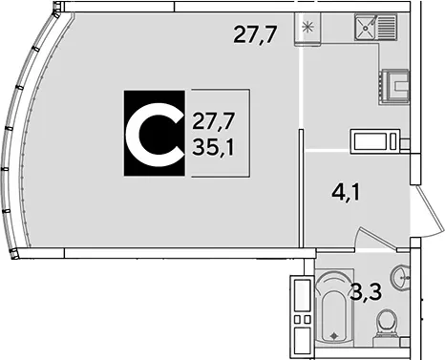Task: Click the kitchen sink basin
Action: tap(366, 27)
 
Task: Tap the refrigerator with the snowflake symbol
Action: tap(307, 30)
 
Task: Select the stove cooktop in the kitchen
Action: tap(394, 87)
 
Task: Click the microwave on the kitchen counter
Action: tap(375, 141)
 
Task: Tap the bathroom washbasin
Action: tap(401, 277)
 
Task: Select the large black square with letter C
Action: tap(155, 133)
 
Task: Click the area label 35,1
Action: tap(213, 148)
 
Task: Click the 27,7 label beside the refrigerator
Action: tap(256, 34)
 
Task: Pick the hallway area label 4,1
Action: tap(346, 192)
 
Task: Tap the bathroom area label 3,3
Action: tap(366, 291)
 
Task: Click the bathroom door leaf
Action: tap(376, 237)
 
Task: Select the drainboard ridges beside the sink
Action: tap(387, 27)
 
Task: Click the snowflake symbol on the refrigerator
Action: tap(307, 27)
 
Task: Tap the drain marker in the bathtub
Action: tap(334, 335)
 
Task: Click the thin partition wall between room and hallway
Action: tap(301, 188)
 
